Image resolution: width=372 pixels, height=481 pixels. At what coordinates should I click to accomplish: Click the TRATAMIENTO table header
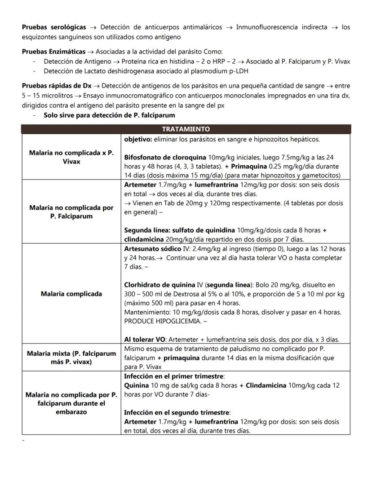(186, 129)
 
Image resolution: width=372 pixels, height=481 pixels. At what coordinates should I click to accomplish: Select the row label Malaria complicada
(71, 294)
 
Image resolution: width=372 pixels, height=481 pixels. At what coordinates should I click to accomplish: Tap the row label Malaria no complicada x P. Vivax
(71, 157)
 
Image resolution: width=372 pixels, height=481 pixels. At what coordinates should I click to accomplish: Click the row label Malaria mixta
(71, 357)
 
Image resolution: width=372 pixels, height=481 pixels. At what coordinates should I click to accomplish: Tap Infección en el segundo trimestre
(177, 413)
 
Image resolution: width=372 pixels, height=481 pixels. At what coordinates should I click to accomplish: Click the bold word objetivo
(137, 139)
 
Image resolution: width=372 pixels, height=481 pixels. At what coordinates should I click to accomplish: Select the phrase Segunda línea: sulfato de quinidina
(180, 230)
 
